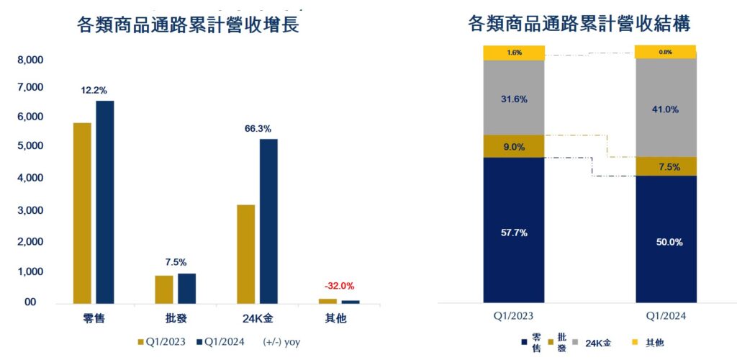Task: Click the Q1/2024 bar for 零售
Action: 105,202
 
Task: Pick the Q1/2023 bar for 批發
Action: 164,289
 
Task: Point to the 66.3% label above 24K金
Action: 258,129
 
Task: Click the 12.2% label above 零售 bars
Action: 94,91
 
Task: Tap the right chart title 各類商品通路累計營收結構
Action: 579,24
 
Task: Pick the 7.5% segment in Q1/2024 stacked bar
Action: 666,166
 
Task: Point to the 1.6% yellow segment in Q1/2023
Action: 514,53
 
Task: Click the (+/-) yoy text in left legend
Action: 281,343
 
